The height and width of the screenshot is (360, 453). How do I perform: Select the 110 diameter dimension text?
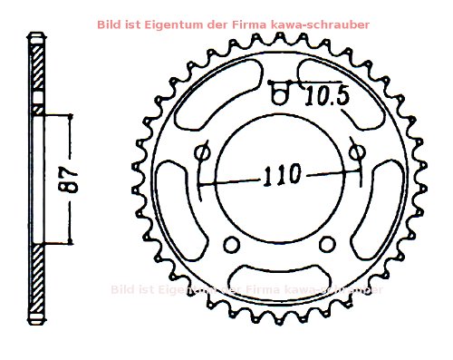pyautogui.click(x=281, y=175)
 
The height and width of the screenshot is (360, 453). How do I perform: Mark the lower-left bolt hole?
pyautogui.click(x=231, y=243)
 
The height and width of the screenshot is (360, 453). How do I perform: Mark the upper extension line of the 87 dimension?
pyautogui.click(x=54, y=114)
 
